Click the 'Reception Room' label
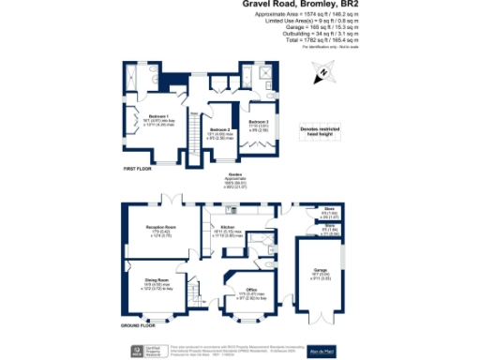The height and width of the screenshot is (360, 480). click(x=158, y=228)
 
